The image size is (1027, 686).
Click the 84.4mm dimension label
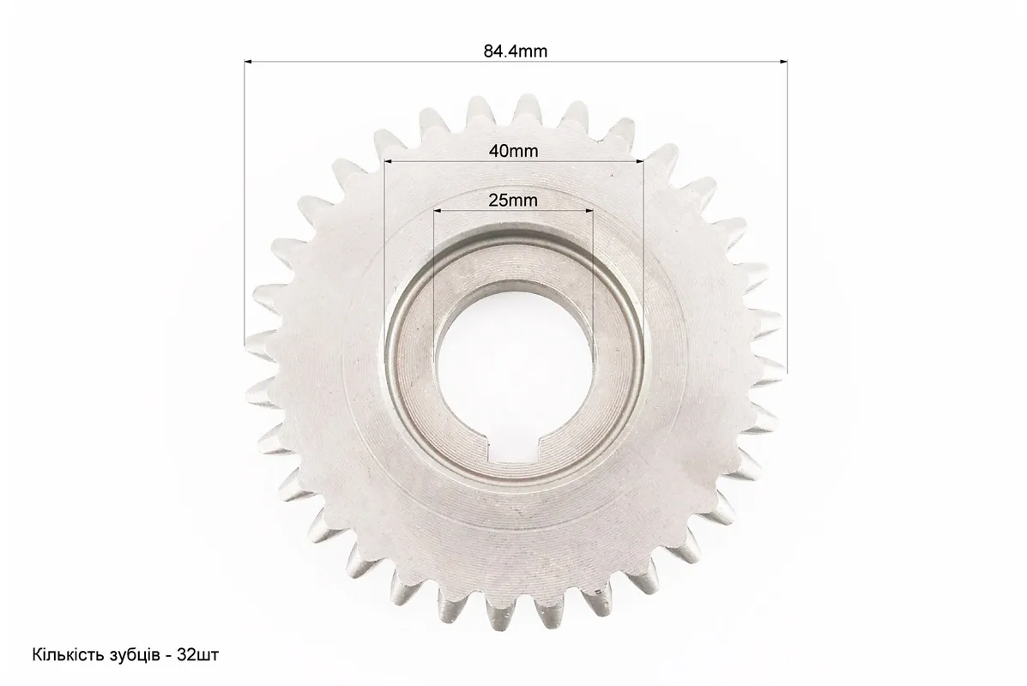click(516, 51)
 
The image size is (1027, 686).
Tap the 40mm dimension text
click(513, 151)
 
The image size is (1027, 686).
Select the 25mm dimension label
click(513, 201)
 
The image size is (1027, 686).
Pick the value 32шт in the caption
click(198, 655)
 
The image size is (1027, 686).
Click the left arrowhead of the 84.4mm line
click(248, 63)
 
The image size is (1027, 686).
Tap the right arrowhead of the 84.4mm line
click(783, 63)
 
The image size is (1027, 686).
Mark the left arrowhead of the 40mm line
click(389, 161)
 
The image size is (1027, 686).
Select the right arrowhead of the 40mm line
click(640, 161)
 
